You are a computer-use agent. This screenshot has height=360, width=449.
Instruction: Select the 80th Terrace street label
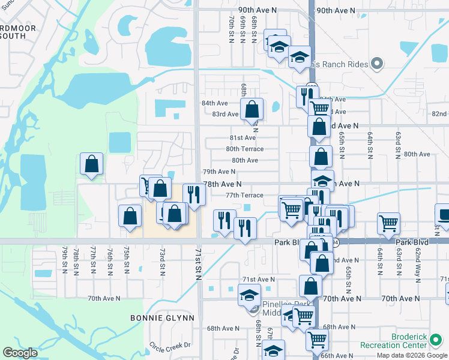(244, 149)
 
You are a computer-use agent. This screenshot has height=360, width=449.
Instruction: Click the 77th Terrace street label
(244, 195)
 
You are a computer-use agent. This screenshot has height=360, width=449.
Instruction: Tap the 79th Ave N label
(218, 172)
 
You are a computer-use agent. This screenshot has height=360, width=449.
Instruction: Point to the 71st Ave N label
(258, 280)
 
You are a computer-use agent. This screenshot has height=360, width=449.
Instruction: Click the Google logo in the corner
(20, 353)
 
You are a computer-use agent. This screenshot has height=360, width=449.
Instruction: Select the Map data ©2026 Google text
(412, 355)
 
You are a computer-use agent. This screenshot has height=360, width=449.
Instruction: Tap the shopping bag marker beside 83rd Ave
(252, 110)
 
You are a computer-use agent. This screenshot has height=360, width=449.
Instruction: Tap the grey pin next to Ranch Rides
(377, 62)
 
